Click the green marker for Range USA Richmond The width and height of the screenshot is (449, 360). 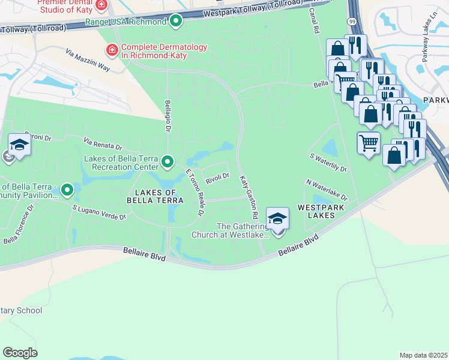(x=176, y=22)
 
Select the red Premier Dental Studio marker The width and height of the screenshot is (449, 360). (x=101, y=5)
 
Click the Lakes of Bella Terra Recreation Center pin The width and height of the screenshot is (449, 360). (x=168, y=161)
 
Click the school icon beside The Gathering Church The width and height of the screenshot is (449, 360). (x=277, y=218)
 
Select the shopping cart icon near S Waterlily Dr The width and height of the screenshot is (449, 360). (x=369, y=143)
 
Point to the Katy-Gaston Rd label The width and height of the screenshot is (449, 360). (x=249, y=196)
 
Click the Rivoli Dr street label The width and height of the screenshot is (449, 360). (x=217, y=176)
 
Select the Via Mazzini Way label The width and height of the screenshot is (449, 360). (x=88, y=61)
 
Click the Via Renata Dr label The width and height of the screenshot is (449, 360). (x=103, y=144)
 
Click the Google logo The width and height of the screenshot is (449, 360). (x=20, y=352)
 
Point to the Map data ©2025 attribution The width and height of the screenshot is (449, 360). (x=423, y=355)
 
